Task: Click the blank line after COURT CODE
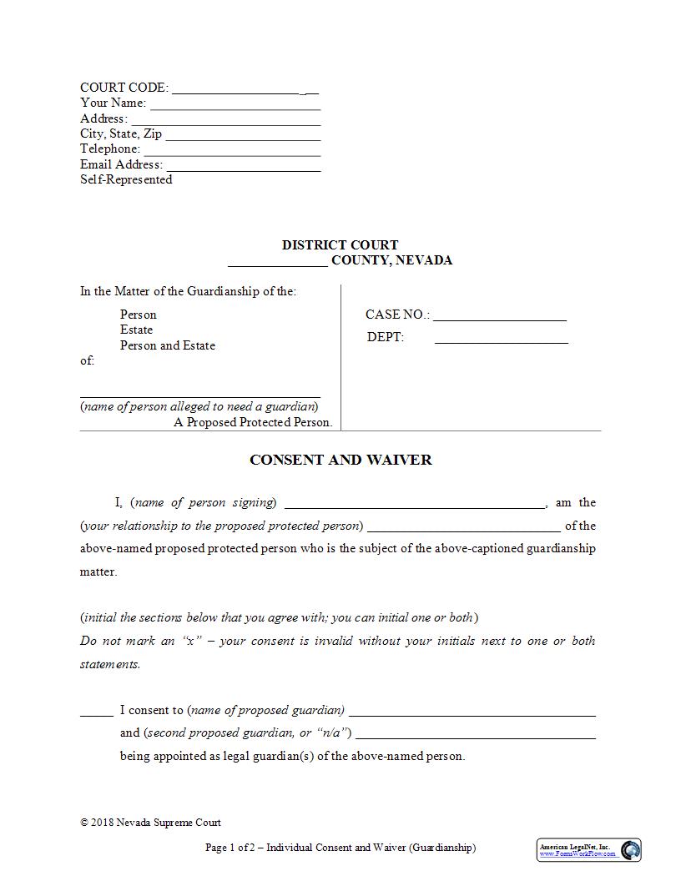[x=235, y=88]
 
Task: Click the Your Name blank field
[x=235, y=104]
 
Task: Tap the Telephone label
[x=110, y=149]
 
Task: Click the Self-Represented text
[x=126, y=179]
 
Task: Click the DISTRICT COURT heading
[x=340, y=245]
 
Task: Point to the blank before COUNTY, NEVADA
[x=277, y=262]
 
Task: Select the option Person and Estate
[x=168, y=345]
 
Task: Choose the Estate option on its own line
[x=136, y=330]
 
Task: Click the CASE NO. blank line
[x=499, y=316]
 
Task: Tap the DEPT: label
[x=386, y=337]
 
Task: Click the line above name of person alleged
[x=200, y=394]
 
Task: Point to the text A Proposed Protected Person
[x=253, y=422]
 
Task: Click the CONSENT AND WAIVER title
[x=340, y=460]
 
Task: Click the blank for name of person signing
[x=415, y=504]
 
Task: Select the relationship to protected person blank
[x=463, y=527]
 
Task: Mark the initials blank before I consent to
[x=96, y=712]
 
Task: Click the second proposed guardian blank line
[x=475, y=735]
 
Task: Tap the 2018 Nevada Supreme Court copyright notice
[x=150, y=823]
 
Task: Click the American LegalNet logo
[x=588, y=849]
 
